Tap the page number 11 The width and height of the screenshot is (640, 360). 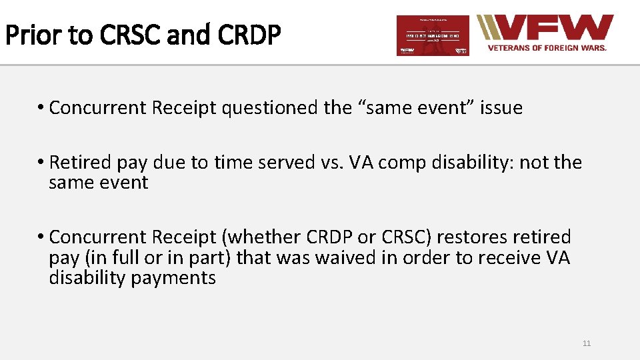[587, 343]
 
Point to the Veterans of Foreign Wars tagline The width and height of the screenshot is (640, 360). [547, 48]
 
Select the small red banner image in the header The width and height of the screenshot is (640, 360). [433, 35]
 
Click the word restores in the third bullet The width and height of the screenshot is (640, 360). [469, 237]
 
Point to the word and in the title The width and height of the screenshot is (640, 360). [187, 35]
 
